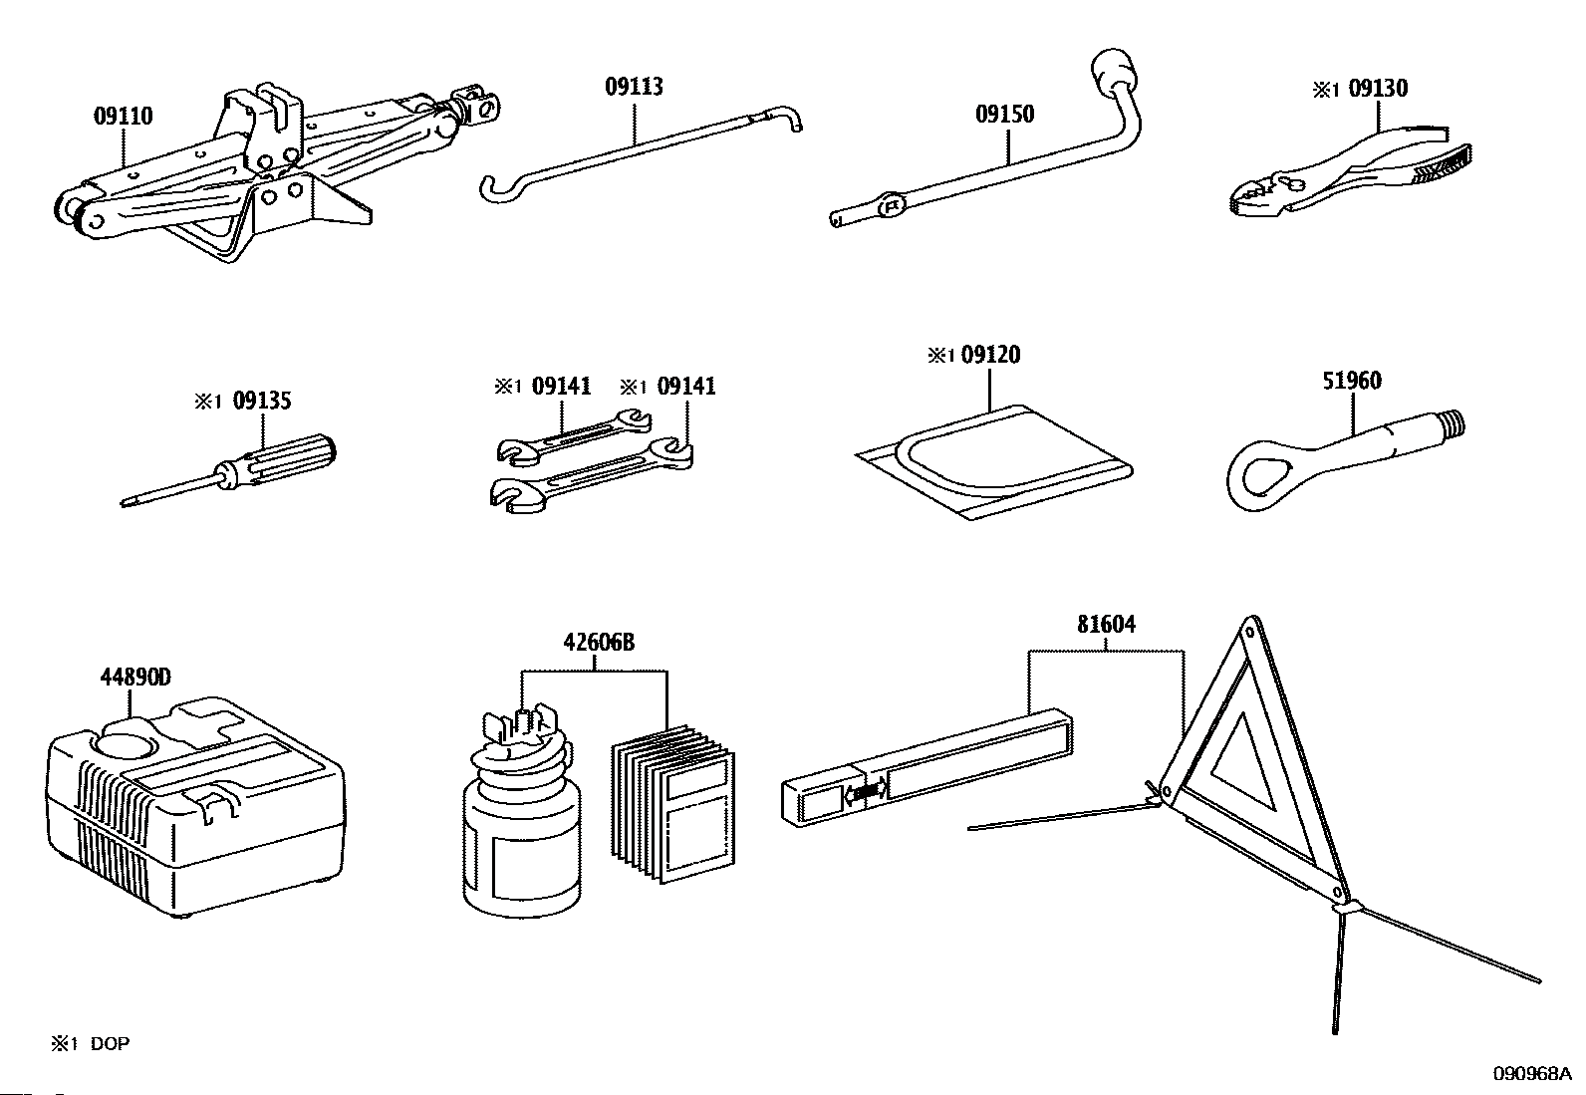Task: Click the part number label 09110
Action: pyautogui.click(x=124, y=117)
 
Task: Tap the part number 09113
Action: pyautogui.click(x=634, y=87)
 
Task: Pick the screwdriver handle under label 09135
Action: pyautogui.click(x=289, y=457)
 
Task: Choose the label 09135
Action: pyautogui.click(x=262, y=401)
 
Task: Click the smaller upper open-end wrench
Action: pyautogui.click(x=573, y=436)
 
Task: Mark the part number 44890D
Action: pyautogui.click(x=135, y=679)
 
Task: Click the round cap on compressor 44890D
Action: pyautogui.click(x=127, y=742)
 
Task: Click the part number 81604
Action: pyautogui.click(x=1106, y=625)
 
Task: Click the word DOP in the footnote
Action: pyautogui.click(x=110, y=1044)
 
